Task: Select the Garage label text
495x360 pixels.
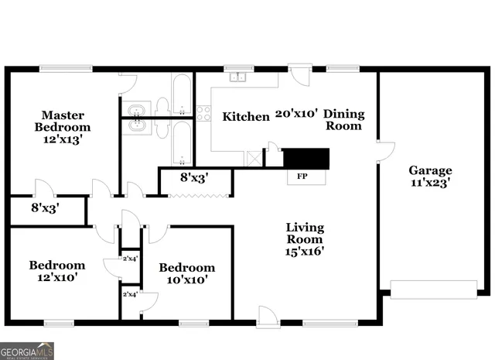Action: (x=430, y=170)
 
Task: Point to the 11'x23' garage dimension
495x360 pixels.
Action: (x=430, y=183)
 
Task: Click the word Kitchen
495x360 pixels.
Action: (x=246, y=116)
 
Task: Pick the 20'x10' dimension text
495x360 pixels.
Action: (x=296, y=114)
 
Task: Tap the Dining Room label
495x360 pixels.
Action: (x=343, y=119)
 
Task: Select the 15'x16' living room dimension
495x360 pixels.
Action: (x=305, y=251)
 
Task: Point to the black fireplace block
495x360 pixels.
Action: (x=306, y=159)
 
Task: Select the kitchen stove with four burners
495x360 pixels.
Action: (x=203, y=113)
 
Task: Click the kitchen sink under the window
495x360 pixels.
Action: (x=238, y=77)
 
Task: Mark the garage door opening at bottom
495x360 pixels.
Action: (x=433, y=290)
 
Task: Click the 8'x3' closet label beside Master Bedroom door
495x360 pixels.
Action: (x=46, y=207)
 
